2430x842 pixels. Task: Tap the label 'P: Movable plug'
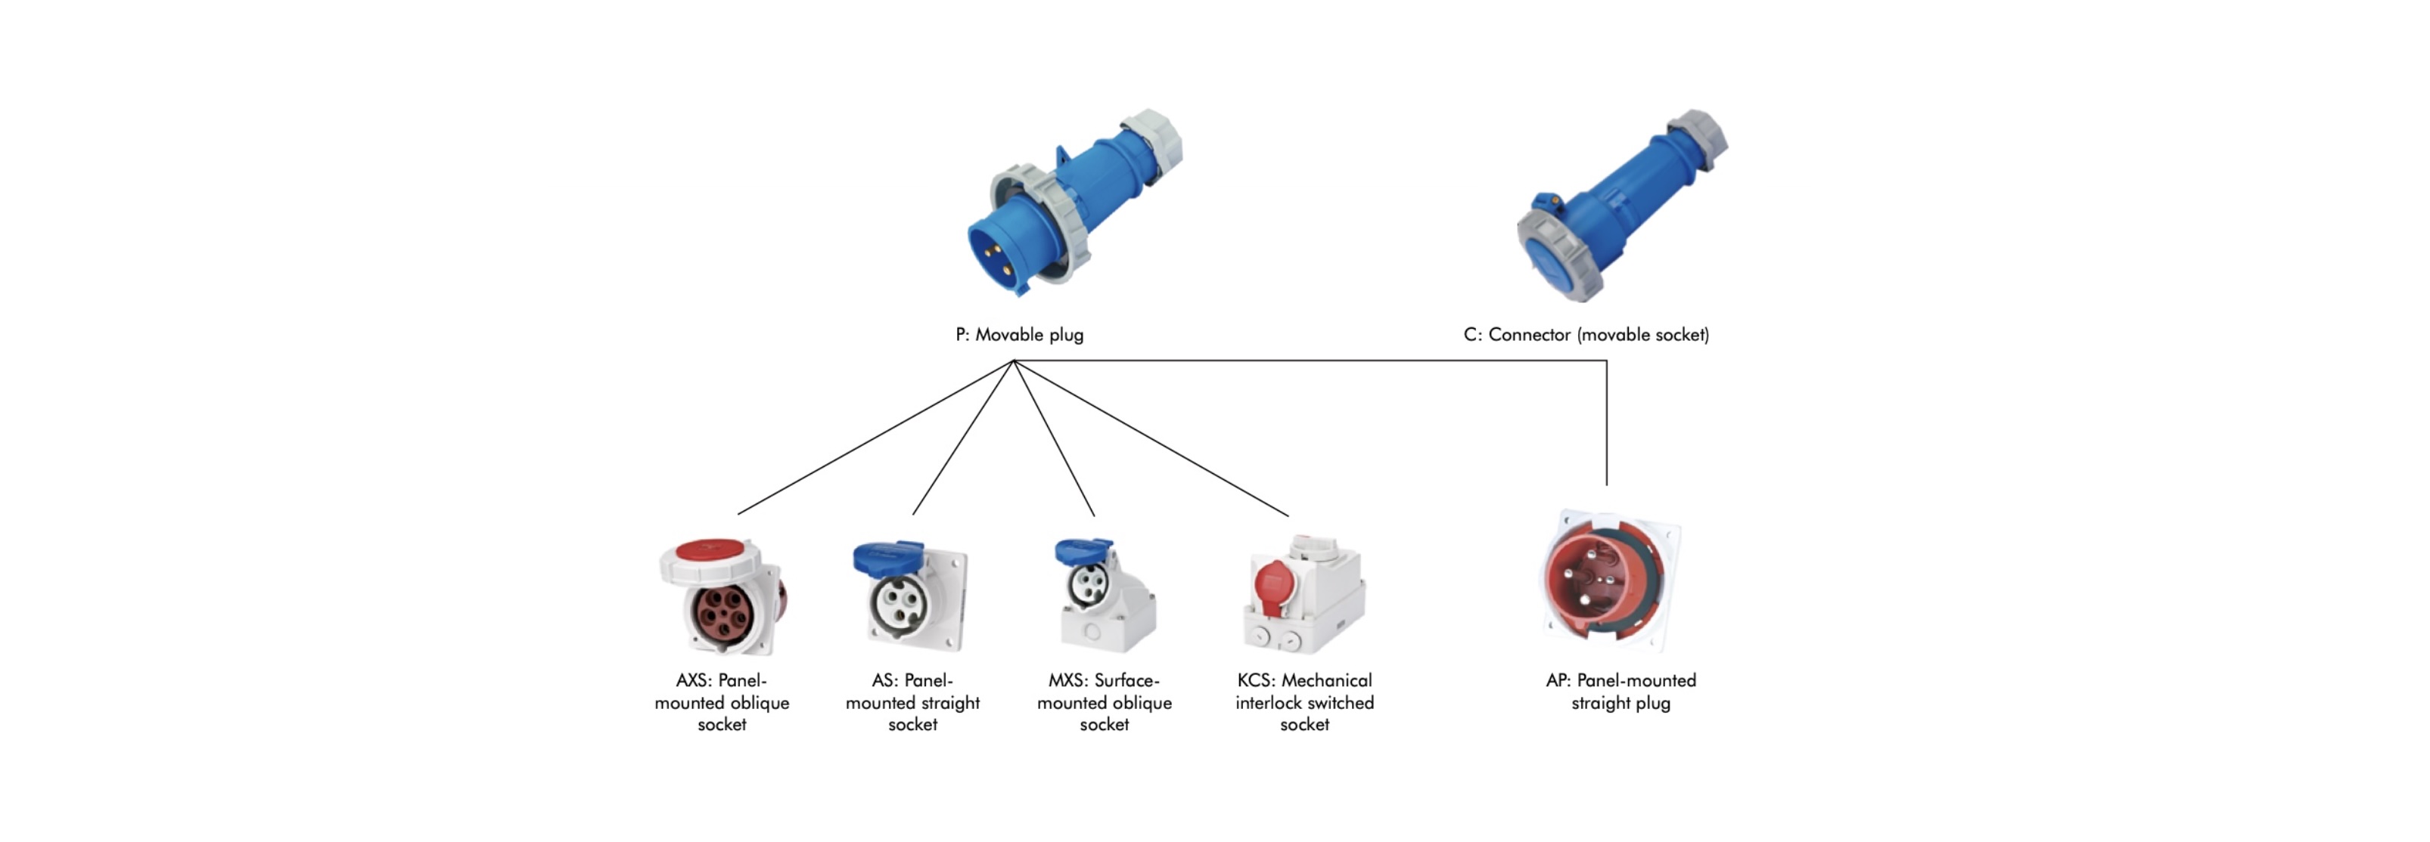(x=1019, y=335)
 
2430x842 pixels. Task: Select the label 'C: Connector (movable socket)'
(x=1586, y=335)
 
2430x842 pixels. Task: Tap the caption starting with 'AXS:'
(x=722, y=702)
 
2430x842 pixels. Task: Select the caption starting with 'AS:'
(x=912, y=702)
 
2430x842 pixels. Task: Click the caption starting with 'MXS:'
(x=1104, y=702)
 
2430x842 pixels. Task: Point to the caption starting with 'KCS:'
(x=1304, y=702)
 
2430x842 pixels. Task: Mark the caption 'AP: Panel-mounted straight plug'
(x=1621, y=691)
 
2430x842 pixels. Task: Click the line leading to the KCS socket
(x=1151, y=438)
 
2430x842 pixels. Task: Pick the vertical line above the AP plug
(x=1606, y=424)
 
